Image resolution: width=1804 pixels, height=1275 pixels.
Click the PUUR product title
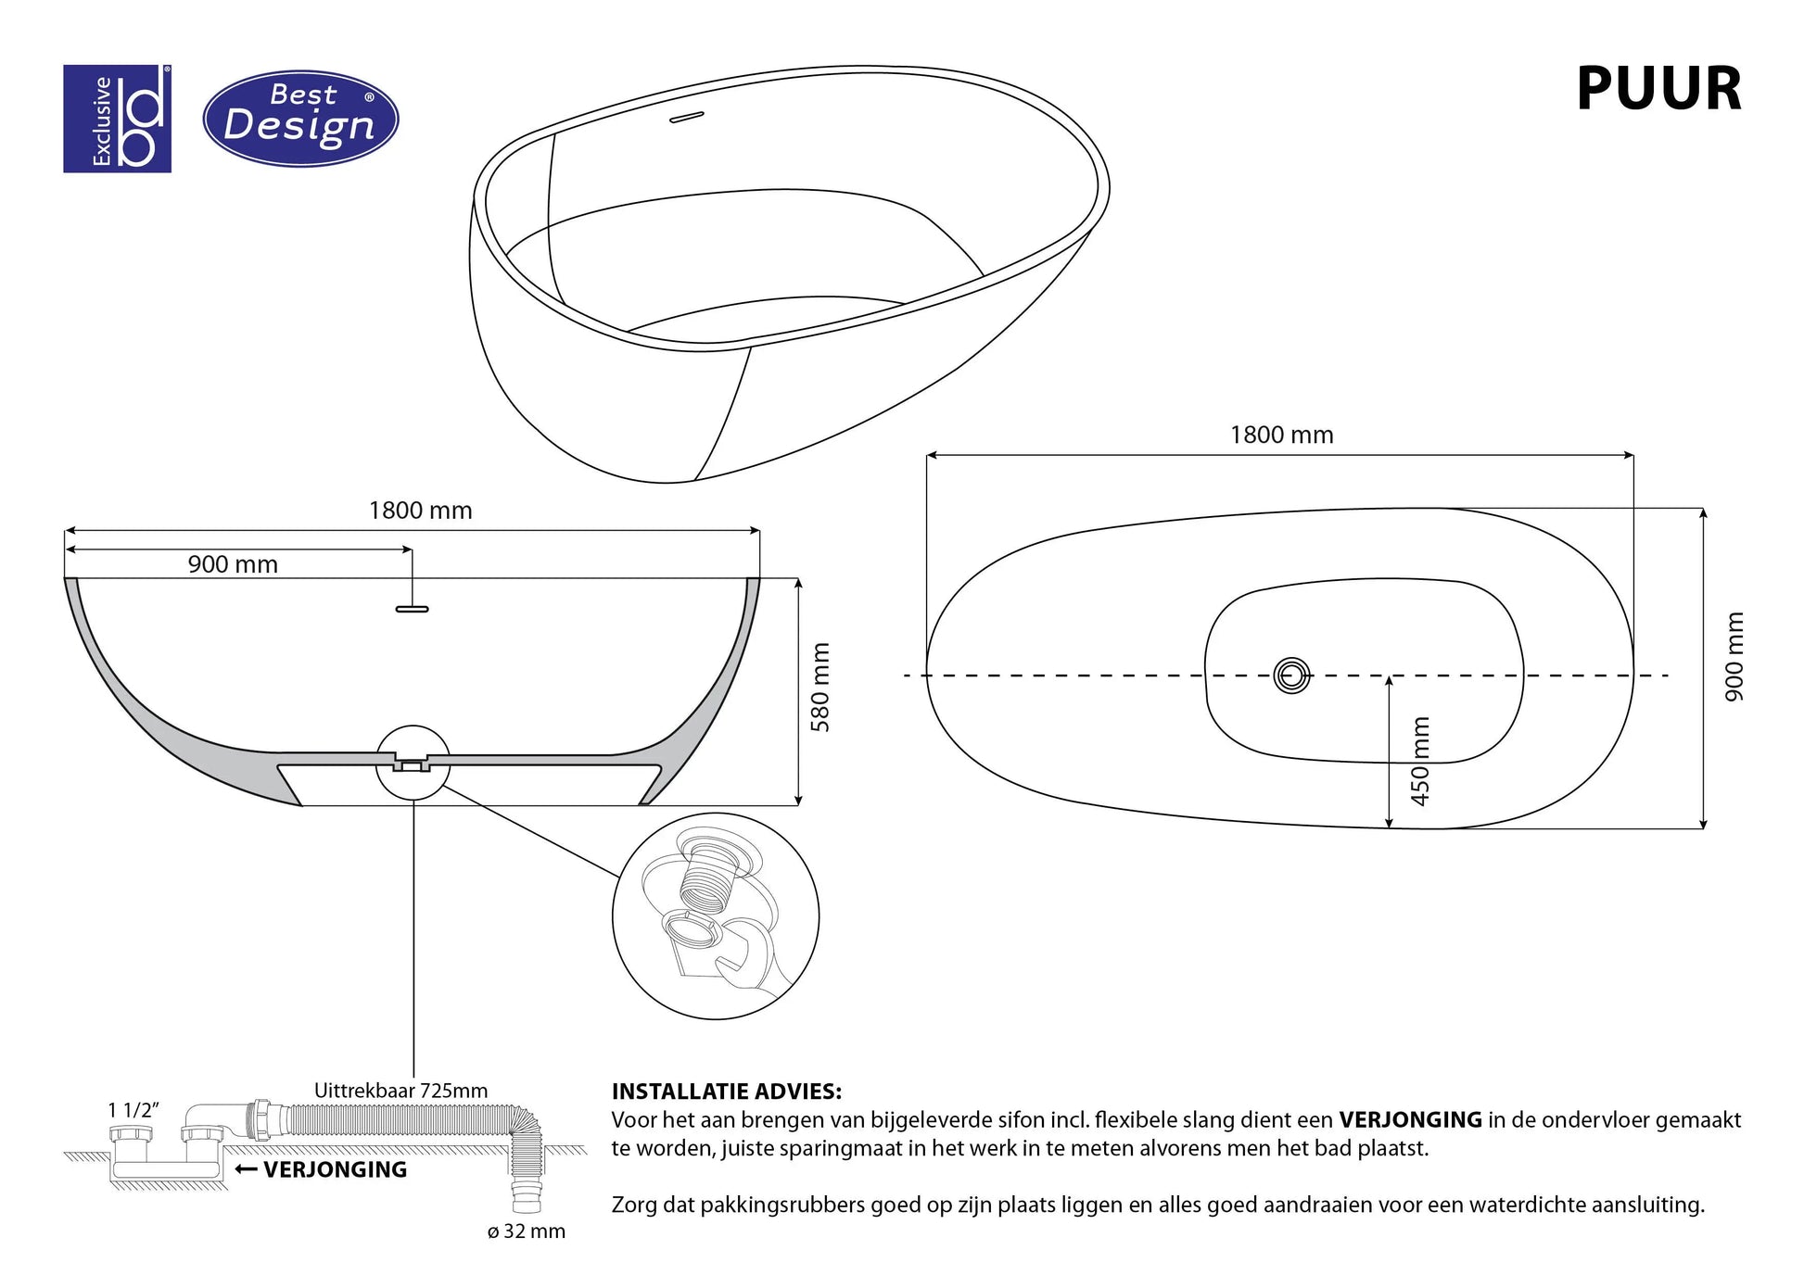pyautogui.click(x=1658, y=90)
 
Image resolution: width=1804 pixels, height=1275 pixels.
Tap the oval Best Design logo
pyautogui.click(x=300, y=119)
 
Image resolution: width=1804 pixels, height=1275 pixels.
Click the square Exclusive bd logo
pyautogui.click(x=117, y=119)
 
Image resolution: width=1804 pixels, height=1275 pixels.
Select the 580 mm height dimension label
pyautogui.click(x=820, y=688)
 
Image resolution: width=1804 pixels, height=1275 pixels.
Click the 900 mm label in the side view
pyautogui.click(x=233, y=564)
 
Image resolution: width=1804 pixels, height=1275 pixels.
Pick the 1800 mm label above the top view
pyautogui.click(x=1281, y=436)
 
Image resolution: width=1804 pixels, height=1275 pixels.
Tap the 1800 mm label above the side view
pyautogui.click(x=420, y=511)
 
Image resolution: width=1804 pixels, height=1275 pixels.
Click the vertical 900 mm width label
pyautogui.click(x=1734, y=657)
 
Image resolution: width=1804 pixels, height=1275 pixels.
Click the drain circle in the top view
pyautogui.click(x=1291, y=675)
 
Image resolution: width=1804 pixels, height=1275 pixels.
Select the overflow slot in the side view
pyautogui.click(x=413, y=609)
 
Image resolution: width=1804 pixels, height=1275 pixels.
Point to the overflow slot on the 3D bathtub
pyautogui.click(x=687, y=118)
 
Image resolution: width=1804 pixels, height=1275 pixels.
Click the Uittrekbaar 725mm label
pyautogui.click(x=400, y=1091)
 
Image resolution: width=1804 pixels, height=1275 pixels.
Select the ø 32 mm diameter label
pyautogui.click(x=526, y=1231)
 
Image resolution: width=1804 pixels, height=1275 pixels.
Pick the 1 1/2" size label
pyautogui.click(x=133, y=1110)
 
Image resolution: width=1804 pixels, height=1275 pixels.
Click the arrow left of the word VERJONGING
pyautogui.click(x=246, y=1169)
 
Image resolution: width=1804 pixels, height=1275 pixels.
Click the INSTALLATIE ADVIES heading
pyautogui.click(x=727, y=1092)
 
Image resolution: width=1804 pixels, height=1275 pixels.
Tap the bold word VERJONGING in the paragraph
pyautogui.click(x=1410, y=1120)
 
